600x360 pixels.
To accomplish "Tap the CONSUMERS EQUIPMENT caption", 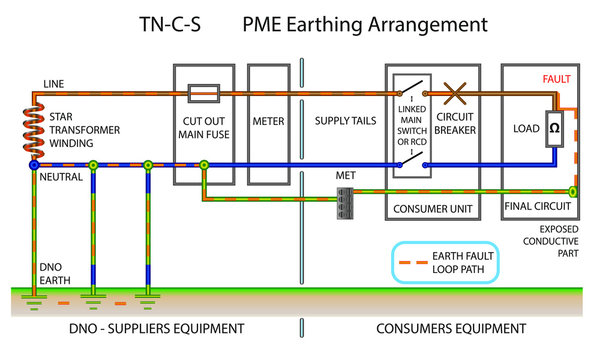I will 451,328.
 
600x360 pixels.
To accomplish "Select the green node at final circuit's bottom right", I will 573,190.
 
